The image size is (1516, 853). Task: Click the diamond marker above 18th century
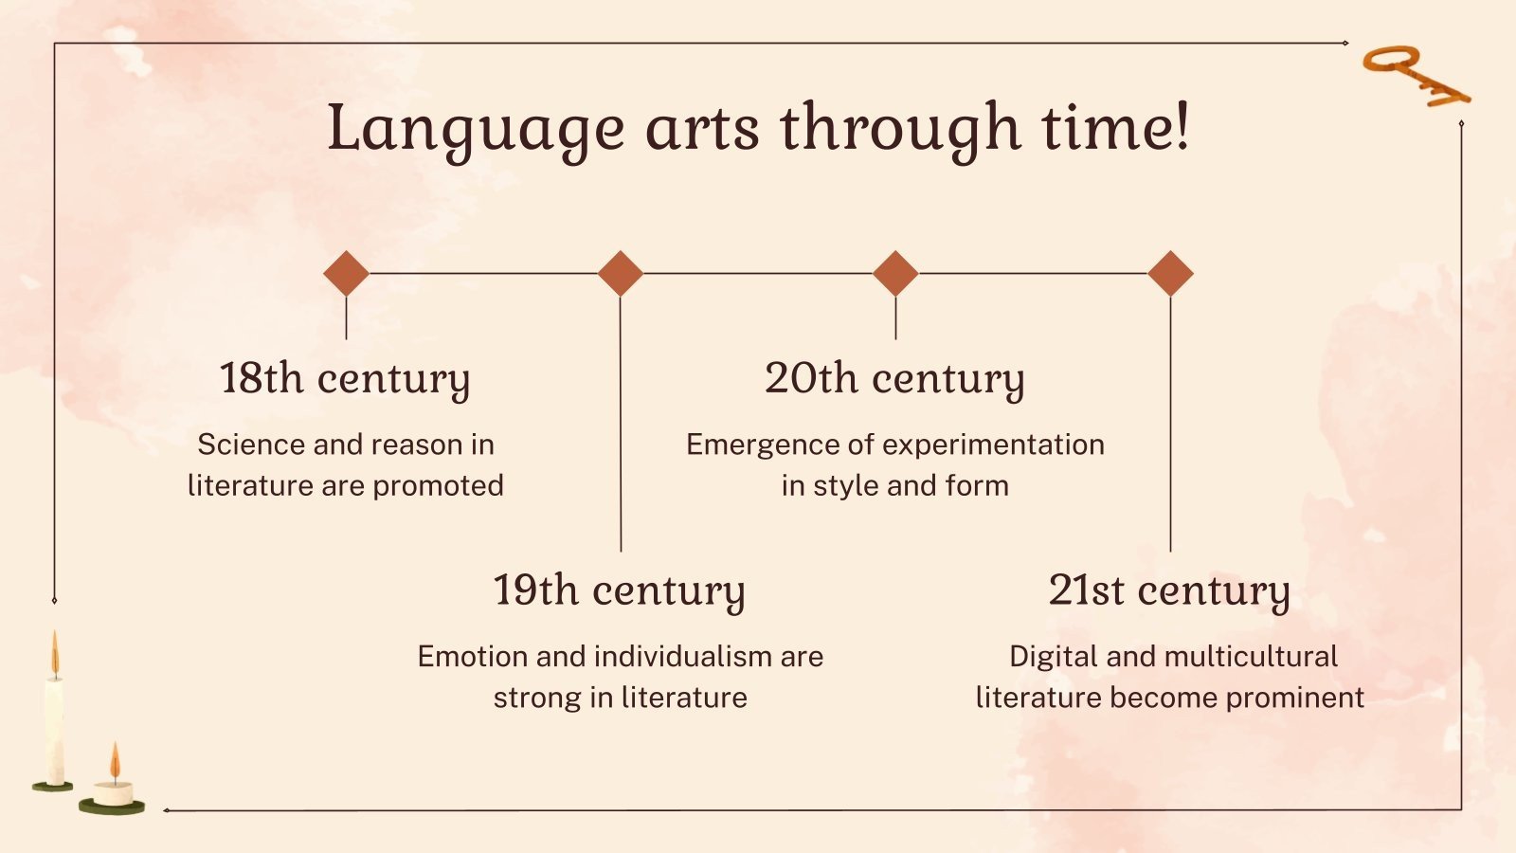tap(346, 274)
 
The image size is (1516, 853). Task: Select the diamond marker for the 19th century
tap(621, 274)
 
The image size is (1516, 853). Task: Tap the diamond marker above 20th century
tap(895, 274)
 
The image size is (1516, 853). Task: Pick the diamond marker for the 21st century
tap(1170, 274)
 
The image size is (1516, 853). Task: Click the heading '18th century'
tap(345, 378)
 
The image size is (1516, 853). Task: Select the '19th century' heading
tap(620, 590)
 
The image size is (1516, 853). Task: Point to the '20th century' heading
tap(894, 378)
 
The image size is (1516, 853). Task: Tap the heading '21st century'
tap(1169, 590)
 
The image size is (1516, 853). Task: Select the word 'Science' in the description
tap(251, 445)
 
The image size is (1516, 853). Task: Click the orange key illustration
tap(1415, 75)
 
